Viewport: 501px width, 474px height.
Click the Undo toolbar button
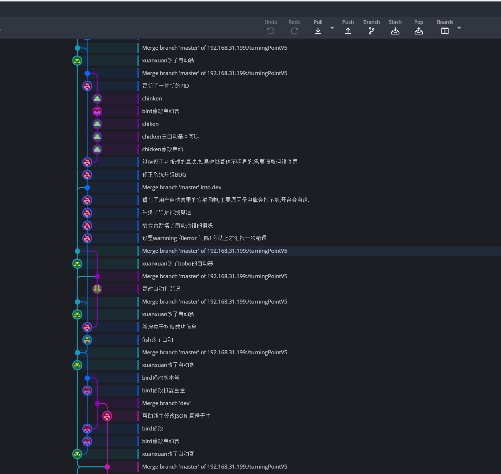pos(271,30)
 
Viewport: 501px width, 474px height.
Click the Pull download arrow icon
pos(318,31)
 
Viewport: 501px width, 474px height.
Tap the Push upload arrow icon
pos(348,31)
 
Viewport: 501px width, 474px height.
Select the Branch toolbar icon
pos(371,31)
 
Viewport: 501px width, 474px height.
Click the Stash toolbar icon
pos(395,31)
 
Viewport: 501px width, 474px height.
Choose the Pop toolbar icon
pos(418,31)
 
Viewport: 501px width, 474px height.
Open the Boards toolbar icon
pos(445,31)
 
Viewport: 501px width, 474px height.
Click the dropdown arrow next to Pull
pos(332,28)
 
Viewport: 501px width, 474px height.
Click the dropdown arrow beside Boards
pos(459,28)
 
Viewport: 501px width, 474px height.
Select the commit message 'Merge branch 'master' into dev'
pos(181,187)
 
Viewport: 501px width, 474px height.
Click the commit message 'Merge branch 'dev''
pos(166,403)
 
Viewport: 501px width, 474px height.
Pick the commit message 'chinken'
pos(152,99)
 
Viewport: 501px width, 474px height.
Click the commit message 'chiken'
pos(150,124)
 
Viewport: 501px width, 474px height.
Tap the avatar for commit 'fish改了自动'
pos(87,340)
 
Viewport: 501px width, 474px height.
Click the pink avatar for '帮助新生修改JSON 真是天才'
pos(107,416)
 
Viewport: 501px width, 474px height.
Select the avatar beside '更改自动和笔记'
pos(97,289)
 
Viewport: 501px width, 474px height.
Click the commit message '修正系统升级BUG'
pos(164,175)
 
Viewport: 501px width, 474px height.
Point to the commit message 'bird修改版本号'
pos(161,378)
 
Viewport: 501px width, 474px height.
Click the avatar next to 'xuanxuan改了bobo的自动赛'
pos(77,264)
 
